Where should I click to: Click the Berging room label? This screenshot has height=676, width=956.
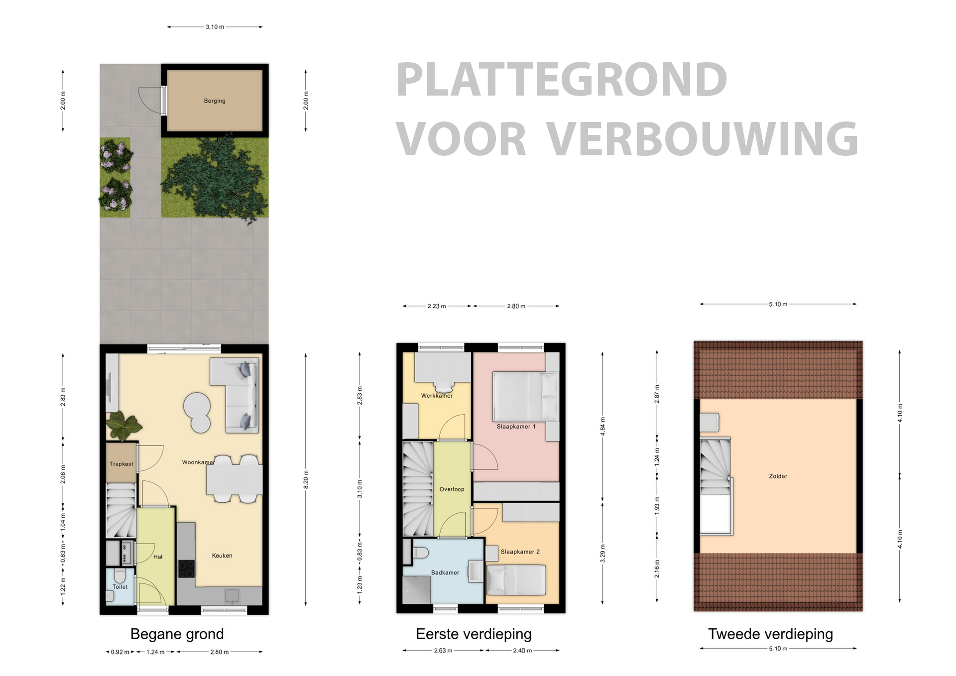(215, 101)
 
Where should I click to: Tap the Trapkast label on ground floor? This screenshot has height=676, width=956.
(121, 464)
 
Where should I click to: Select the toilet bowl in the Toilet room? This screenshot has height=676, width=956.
(119, 576)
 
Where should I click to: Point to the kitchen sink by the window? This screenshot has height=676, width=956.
(232, 595)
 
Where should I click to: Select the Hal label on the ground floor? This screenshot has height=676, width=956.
(158, 557)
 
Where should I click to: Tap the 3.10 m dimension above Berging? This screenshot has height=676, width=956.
(215, 27)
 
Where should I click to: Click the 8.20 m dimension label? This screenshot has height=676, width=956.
(306, 479)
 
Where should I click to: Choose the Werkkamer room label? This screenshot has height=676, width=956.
(437, 396)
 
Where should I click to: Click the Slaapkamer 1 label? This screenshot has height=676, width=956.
(516, 427)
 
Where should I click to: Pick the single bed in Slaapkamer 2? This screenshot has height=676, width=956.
(516, 580)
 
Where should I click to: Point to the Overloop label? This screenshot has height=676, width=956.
(452, 489)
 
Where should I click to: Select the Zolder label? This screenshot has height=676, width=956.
(778, 476)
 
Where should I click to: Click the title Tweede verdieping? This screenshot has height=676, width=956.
(770, 634)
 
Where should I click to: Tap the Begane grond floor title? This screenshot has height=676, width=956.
(177, 634)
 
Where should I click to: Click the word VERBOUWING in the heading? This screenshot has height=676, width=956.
(702, 139)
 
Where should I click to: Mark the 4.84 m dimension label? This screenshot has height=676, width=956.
(602, 427)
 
